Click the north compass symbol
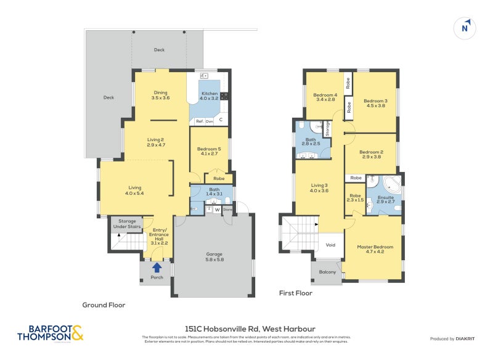pos(465,27)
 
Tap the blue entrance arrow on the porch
pos(157,267)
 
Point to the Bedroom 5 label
pos(209,151)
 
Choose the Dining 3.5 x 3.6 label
pos(160,95)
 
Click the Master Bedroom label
pos(374,250)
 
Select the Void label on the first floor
pos(331,245)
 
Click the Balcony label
pos(327,272)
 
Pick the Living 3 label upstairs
pos(319,188)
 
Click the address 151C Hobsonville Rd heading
pos(250,329)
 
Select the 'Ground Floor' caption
pos(104,305)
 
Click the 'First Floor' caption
pos(295,293)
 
